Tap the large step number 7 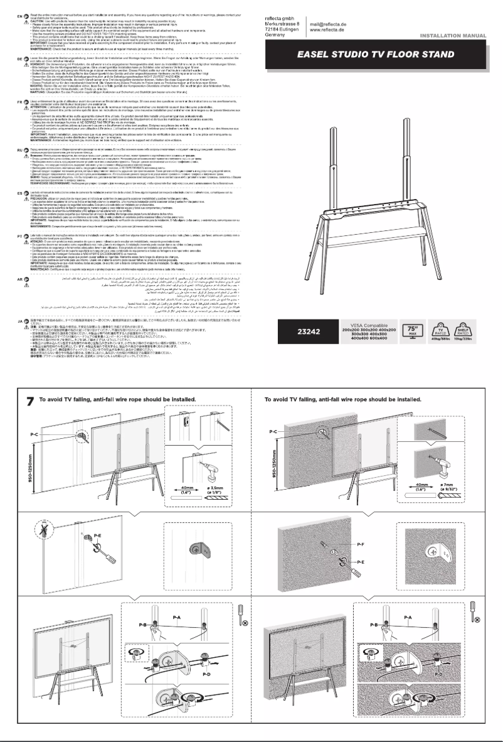(29, 402)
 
